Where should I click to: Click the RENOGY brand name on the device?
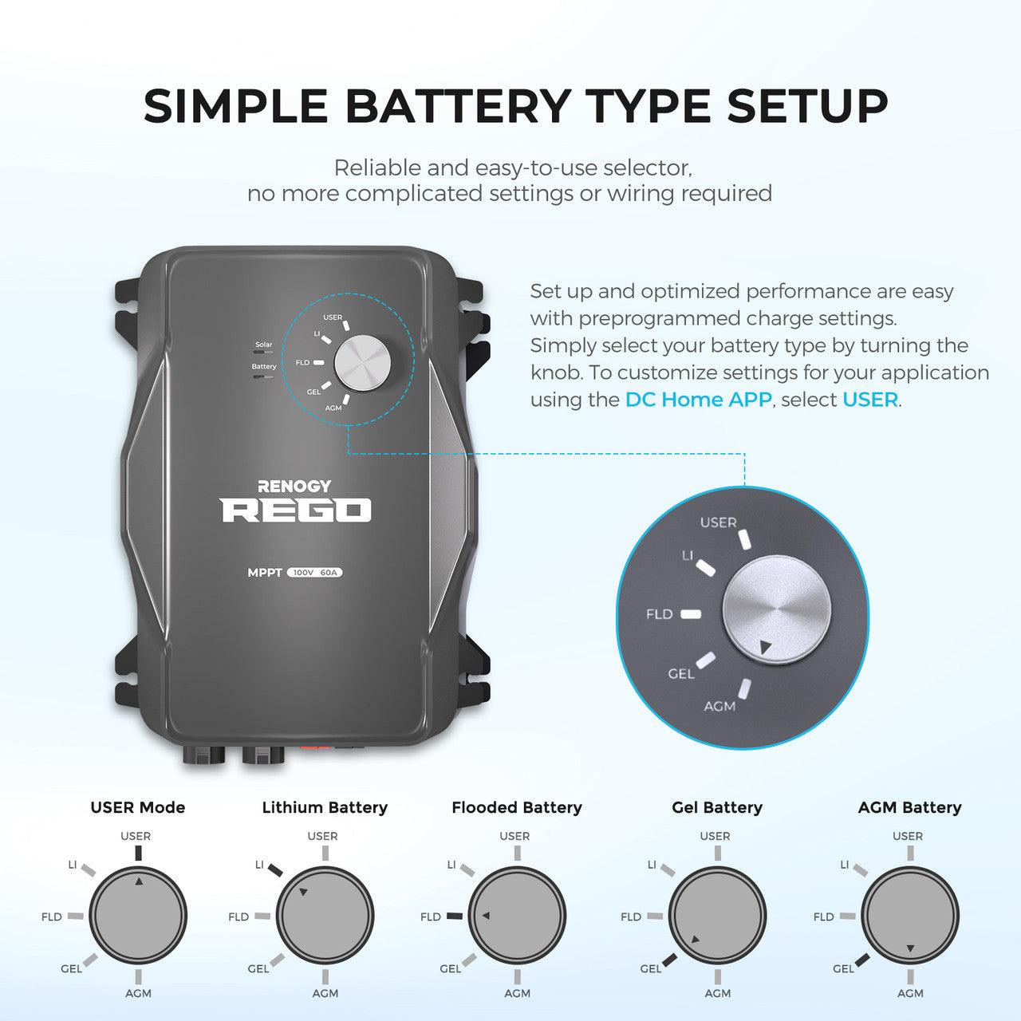pos(294,486)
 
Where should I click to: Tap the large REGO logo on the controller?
pos(296,510)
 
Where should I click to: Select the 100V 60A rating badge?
pos(315,573)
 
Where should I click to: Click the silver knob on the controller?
pos(362,361)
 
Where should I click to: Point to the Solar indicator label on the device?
pos(263,345)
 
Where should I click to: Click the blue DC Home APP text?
pos(698,400)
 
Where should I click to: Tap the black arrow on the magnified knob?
pos(766,648)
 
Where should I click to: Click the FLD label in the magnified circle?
pos(659,614)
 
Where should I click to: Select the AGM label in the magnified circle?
pos(719,706)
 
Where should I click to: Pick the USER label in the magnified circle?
pos(718,522)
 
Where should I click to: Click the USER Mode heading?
pos(137,807)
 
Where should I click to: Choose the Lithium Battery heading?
pos(325,807)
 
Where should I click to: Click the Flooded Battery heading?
pos(517,807)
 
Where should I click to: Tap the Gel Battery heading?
pos(717,807)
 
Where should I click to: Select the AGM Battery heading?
pos(909,807)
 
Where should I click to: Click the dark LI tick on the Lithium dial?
pos(275,869)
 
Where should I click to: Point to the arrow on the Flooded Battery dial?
pos(486,915)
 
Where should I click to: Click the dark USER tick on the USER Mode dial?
pos(138,853)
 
